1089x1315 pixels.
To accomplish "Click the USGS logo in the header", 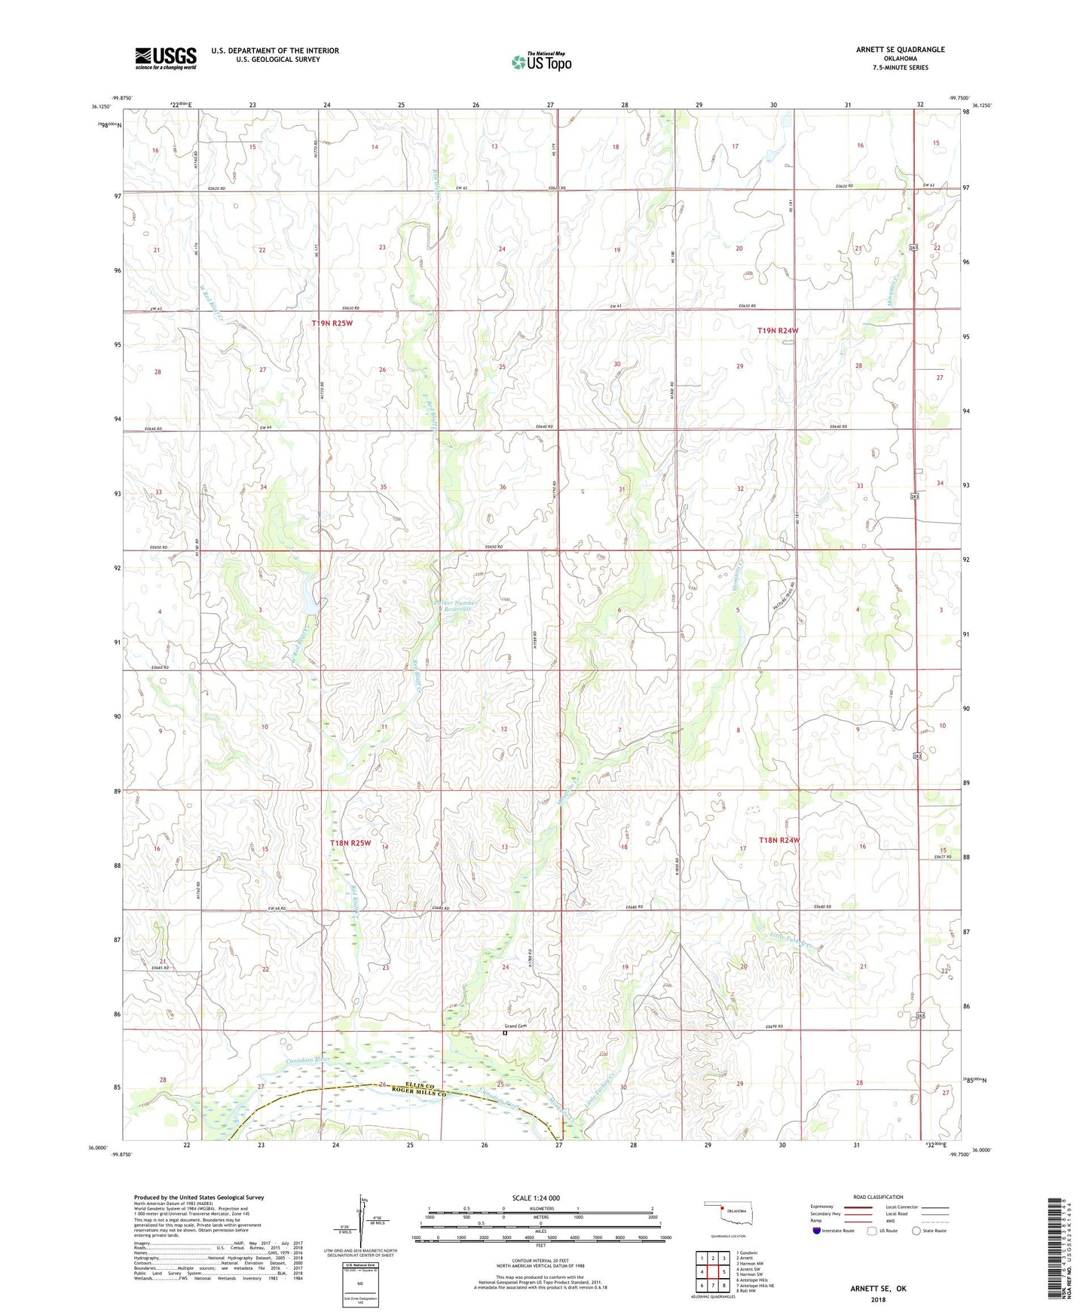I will pos(166,58).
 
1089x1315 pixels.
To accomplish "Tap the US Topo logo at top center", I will pos(541,61).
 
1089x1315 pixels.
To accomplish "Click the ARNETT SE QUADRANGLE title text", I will pos(900,50).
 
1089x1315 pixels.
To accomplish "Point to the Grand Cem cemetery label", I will pos(515,1027).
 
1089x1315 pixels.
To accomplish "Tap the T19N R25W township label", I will pos(332,323).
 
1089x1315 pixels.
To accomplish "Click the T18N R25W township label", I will pos(350,843).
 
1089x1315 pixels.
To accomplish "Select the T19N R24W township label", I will pos(778,331).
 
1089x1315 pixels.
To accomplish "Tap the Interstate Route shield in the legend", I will pos(818,1231).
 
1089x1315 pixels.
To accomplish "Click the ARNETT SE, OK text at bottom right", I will pos(878,1289).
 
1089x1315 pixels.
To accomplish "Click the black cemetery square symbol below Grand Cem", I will pos(505,1034).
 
